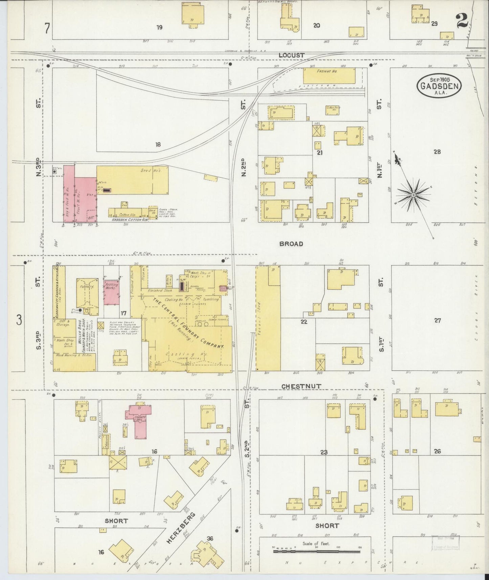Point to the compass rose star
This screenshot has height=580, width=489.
pos(413,195)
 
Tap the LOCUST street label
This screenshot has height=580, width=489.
pos(291,55)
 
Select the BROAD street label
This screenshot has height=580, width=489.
pos(291,244)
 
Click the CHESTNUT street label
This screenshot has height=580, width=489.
pos(301,386)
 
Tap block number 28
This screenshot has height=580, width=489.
pos(437,152)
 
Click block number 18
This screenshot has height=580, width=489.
pos(158,144)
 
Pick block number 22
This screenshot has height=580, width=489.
pos(304,321)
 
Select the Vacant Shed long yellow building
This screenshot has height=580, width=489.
pos(268,318)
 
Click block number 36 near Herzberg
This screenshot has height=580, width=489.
pos(210,539)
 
